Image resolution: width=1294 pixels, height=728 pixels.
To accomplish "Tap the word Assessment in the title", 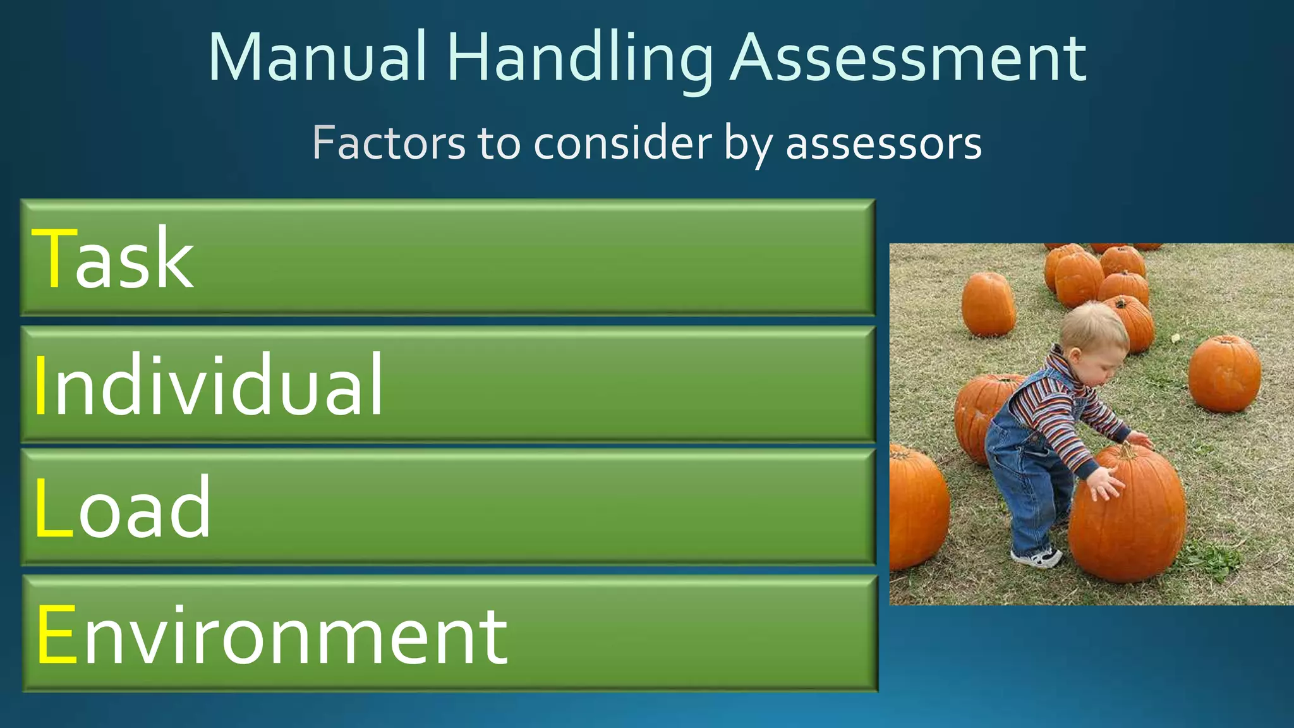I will pyautogui.click(x=908, y=58).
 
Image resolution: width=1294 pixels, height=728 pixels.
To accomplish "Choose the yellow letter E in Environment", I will pyautogui.click(x=57, y=634).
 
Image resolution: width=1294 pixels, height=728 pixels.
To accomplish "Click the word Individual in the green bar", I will pyautogui.click(x=209, y=384).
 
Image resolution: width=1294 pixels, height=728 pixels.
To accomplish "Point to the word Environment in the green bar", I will pyautogui.click(x=272, y=634).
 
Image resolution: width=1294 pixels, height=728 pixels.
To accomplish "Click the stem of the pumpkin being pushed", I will pyautogui.click(x=1127, y=451).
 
